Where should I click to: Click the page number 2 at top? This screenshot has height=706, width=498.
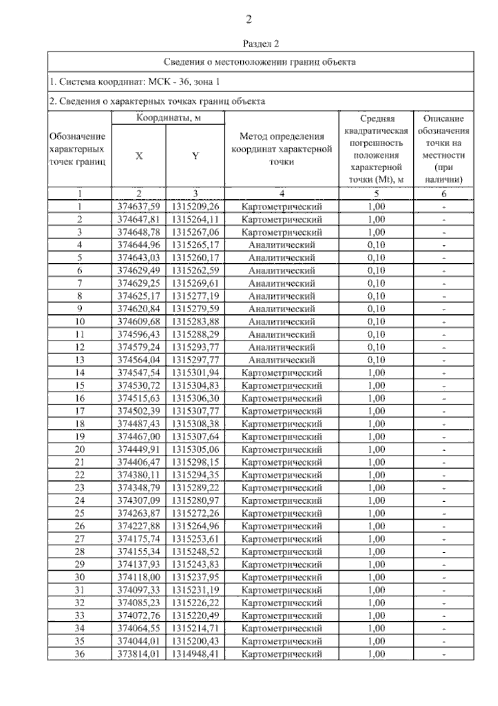249,19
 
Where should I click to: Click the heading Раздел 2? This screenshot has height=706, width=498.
261,43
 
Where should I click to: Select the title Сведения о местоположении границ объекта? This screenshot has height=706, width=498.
260,62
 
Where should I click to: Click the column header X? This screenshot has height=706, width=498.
139,156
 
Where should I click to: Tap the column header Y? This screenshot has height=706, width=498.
195,156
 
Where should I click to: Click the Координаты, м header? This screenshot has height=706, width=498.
168,118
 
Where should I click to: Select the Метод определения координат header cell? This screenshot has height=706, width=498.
281,149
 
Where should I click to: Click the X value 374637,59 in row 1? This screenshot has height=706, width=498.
139,206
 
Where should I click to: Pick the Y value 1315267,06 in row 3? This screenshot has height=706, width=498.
195,232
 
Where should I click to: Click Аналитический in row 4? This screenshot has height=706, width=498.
281,245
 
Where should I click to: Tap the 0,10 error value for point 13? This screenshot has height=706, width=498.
376,360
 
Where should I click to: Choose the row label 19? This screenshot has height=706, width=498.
79,436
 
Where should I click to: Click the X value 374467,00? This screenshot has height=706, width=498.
139,436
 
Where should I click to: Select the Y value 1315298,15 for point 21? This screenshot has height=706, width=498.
195,462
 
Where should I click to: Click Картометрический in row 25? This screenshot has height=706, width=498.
281,513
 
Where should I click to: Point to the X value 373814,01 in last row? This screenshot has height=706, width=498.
139,654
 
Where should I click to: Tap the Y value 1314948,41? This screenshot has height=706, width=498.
195,654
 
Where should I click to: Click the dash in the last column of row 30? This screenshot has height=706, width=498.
444,578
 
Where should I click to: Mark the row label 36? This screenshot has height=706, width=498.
79,654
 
